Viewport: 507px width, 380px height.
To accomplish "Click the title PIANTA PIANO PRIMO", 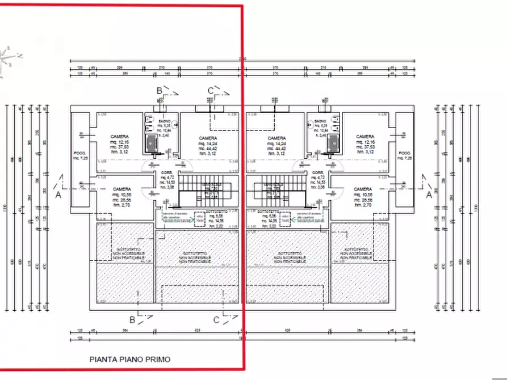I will [129, 359].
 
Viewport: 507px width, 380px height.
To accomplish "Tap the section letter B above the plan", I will [160, 91].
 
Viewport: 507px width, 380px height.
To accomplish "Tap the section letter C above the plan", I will [210, 91].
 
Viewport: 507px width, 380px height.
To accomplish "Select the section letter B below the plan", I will [132, 320].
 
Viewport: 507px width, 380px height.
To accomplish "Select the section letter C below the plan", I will [216, 320].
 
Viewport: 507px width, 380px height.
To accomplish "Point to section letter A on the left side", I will [57, 194].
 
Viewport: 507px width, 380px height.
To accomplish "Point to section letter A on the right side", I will [429, 194].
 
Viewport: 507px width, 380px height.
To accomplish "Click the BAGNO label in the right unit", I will [320, 122].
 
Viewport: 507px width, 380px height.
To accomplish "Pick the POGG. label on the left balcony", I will [79, 153].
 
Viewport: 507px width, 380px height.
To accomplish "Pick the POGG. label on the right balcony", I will [404, 153].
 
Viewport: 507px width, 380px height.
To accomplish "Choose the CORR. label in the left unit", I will [167, 172].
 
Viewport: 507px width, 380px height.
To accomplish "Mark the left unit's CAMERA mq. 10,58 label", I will [122, 189].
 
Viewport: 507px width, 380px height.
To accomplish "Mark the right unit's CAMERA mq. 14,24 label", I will [276, 138].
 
